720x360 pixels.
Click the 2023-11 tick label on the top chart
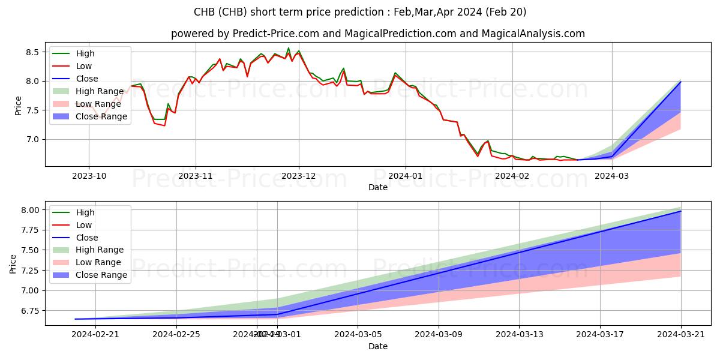point(195,176)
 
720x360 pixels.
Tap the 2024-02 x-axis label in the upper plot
point(512,176)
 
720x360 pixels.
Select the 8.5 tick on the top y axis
point(32,52)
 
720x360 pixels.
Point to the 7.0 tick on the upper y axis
point(32,139)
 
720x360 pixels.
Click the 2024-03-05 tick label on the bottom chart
point(358,334)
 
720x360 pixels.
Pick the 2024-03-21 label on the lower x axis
point(681,334)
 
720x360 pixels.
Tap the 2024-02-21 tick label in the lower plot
point(95,334)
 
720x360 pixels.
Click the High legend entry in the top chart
point(85,53)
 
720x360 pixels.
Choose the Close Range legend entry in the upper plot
point(101,116)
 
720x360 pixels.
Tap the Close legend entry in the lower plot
point(87,238)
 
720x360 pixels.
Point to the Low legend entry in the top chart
point(84,66)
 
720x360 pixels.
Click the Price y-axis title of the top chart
point(18,106)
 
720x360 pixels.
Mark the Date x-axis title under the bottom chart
point(378,346)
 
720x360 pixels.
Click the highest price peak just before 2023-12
point(289,48)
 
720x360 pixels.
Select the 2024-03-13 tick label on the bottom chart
point(520,334)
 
